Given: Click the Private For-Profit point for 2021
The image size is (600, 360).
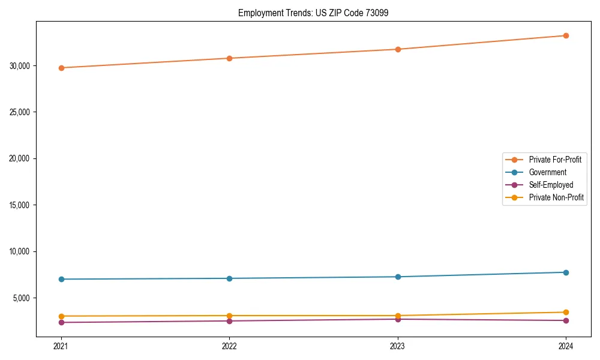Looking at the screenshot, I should point(61,68).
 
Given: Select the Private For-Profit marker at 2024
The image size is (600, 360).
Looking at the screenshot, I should point(566,35).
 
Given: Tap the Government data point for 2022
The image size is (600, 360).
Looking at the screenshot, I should point(229,278).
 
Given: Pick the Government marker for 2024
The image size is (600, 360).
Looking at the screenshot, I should point(566,272).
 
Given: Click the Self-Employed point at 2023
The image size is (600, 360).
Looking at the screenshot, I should point(398,319).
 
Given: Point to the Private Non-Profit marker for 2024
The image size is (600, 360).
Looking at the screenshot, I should point(566,312).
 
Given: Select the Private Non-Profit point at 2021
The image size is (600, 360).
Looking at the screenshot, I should point(61,316).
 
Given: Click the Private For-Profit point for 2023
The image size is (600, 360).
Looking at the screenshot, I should point(398,49).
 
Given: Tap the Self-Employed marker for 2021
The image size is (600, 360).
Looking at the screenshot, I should point(61,323).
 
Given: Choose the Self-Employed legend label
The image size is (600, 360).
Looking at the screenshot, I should point(551,185).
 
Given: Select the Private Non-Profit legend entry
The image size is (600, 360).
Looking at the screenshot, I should point(556,197).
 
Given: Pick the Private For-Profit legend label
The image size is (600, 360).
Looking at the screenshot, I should point(555,160).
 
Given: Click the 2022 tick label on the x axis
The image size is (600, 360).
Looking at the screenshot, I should point(229,346).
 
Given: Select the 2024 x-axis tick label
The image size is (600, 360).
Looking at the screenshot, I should point(566,346).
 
